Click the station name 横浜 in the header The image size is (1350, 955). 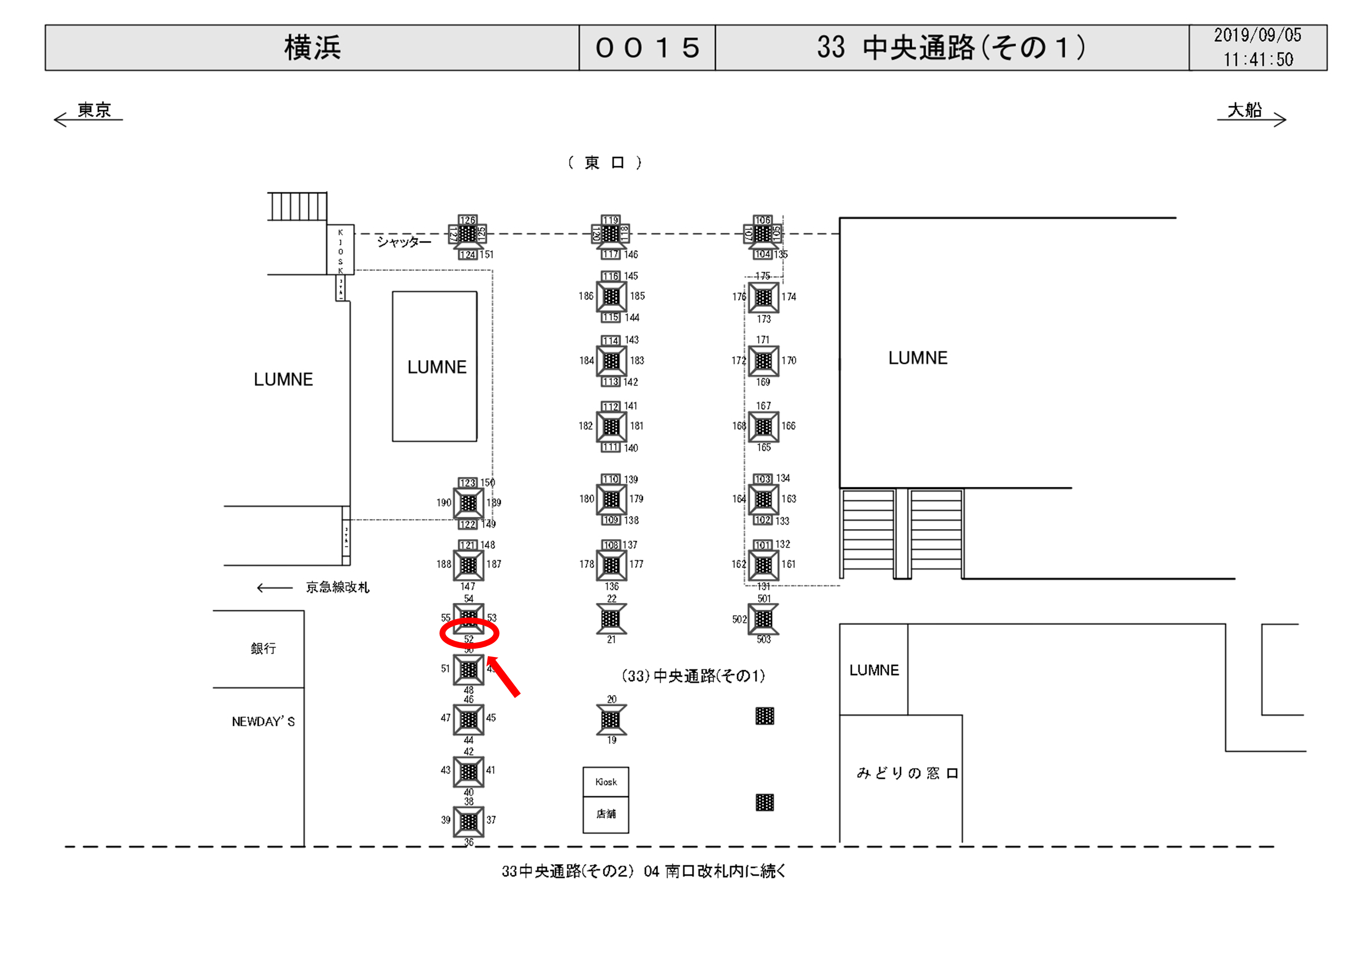point(312,48)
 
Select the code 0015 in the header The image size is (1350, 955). point(647,48)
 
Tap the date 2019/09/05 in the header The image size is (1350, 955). point(1257,35)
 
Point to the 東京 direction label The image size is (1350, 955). point(94,110)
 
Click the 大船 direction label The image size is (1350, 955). point(1244,110)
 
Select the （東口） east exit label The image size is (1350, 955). point(604,163)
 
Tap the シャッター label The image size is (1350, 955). point(404,241)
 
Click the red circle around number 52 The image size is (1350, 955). point(469,634)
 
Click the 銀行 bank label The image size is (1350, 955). point(263,648)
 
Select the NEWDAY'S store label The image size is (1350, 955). point(263,721)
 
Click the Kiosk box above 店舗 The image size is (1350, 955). point(605,782)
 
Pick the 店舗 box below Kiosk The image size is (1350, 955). point(605,814)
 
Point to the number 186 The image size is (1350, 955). point(586,296)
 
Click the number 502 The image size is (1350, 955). point(739,619)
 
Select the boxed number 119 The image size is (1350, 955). point(610,220)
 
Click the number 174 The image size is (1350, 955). point(788,297)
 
